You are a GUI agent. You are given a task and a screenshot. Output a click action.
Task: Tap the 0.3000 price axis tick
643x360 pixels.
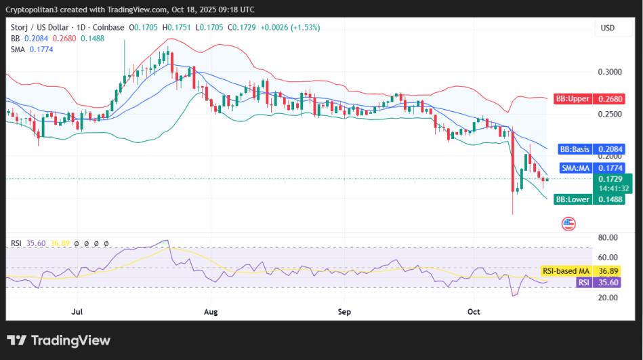pos(609,72)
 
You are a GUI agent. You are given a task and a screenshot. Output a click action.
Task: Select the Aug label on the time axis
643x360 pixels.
pos(211,312)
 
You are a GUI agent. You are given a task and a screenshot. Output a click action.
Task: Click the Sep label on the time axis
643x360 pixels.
pos(344,312)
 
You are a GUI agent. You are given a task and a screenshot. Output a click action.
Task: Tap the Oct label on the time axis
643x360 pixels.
pos(474,312)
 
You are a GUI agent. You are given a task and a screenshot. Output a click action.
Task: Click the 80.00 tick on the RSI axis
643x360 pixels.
pos(608,237)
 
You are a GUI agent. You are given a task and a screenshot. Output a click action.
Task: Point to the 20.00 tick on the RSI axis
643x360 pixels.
pos(608,298)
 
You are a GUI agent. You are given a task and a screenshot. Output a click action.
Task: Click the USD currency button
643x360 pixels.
pos(608,28)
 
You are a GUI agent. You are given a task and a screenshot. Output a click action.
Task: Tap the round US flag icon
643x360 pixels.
pos(568,223)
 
